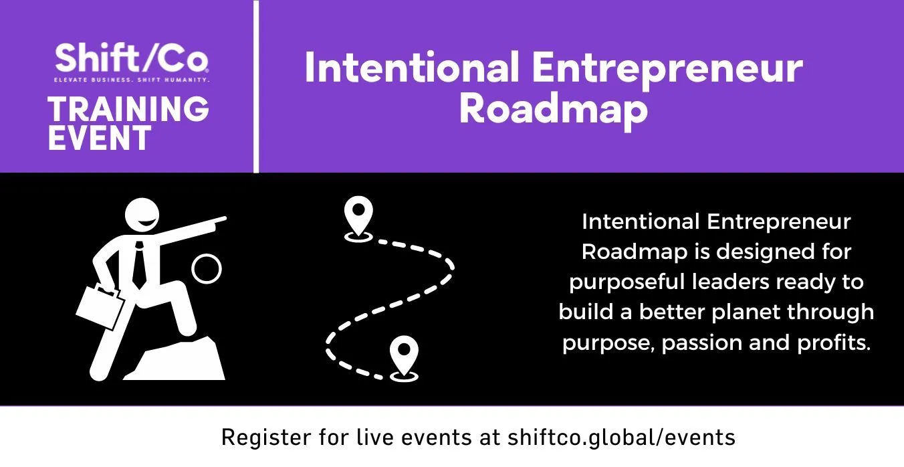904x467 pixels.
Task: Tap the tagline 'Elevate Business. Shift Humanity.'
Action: coord(132,80)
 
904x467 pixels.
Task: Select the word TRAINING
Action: coord(128,109)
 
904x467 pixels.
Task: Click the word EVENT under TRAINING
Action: coord(99,138)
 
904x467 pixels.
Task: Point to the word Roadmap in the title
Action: coord(553,110)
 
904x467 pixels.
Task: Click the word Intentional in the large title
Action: coord(411,67)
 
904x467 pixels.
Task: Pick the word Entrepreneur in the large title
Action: coord(667,70)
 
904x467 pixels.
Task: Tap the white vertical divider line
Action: coord(256,86)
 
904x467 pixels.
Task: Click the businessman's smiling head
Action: coord(142,215)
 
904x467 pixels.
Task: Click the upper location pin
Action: coord(358,218)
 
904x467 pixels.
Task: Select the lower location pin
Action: coord(404,358)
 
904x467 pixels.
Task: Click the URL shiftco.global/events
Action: coord(622,438)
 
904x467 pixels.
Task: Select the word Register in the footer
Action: coord(266,438)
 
